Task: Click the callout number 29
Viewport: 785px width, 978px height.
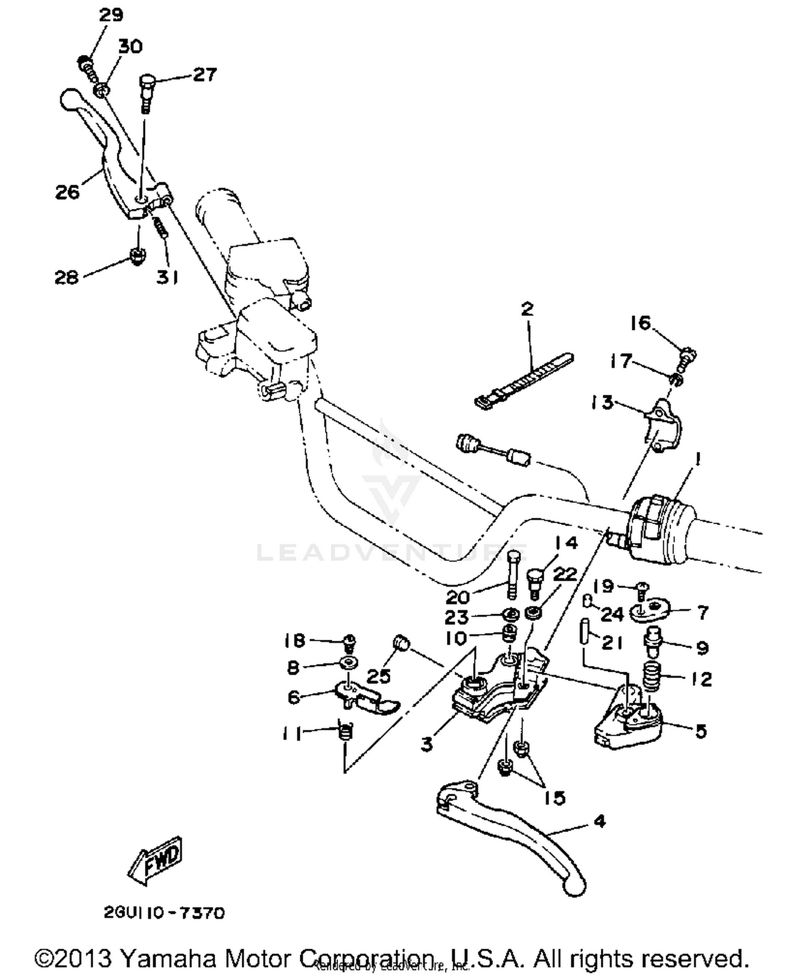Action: coord(110,15)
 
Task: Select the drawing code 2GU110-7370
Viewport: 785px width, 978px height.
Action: coord(164,913)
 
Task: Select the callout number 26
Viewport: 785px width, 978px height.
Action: coord(68,192)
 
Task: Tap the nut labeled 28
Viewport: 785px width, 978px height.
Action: coord(137,256)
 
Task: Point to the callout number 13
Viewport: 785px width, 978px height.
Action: coord(602,403)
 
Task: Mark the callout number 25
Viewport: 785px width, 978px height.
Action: coord(378,675)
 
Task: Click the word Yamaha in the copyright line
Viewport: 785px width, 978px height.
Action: coord(168,958)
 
